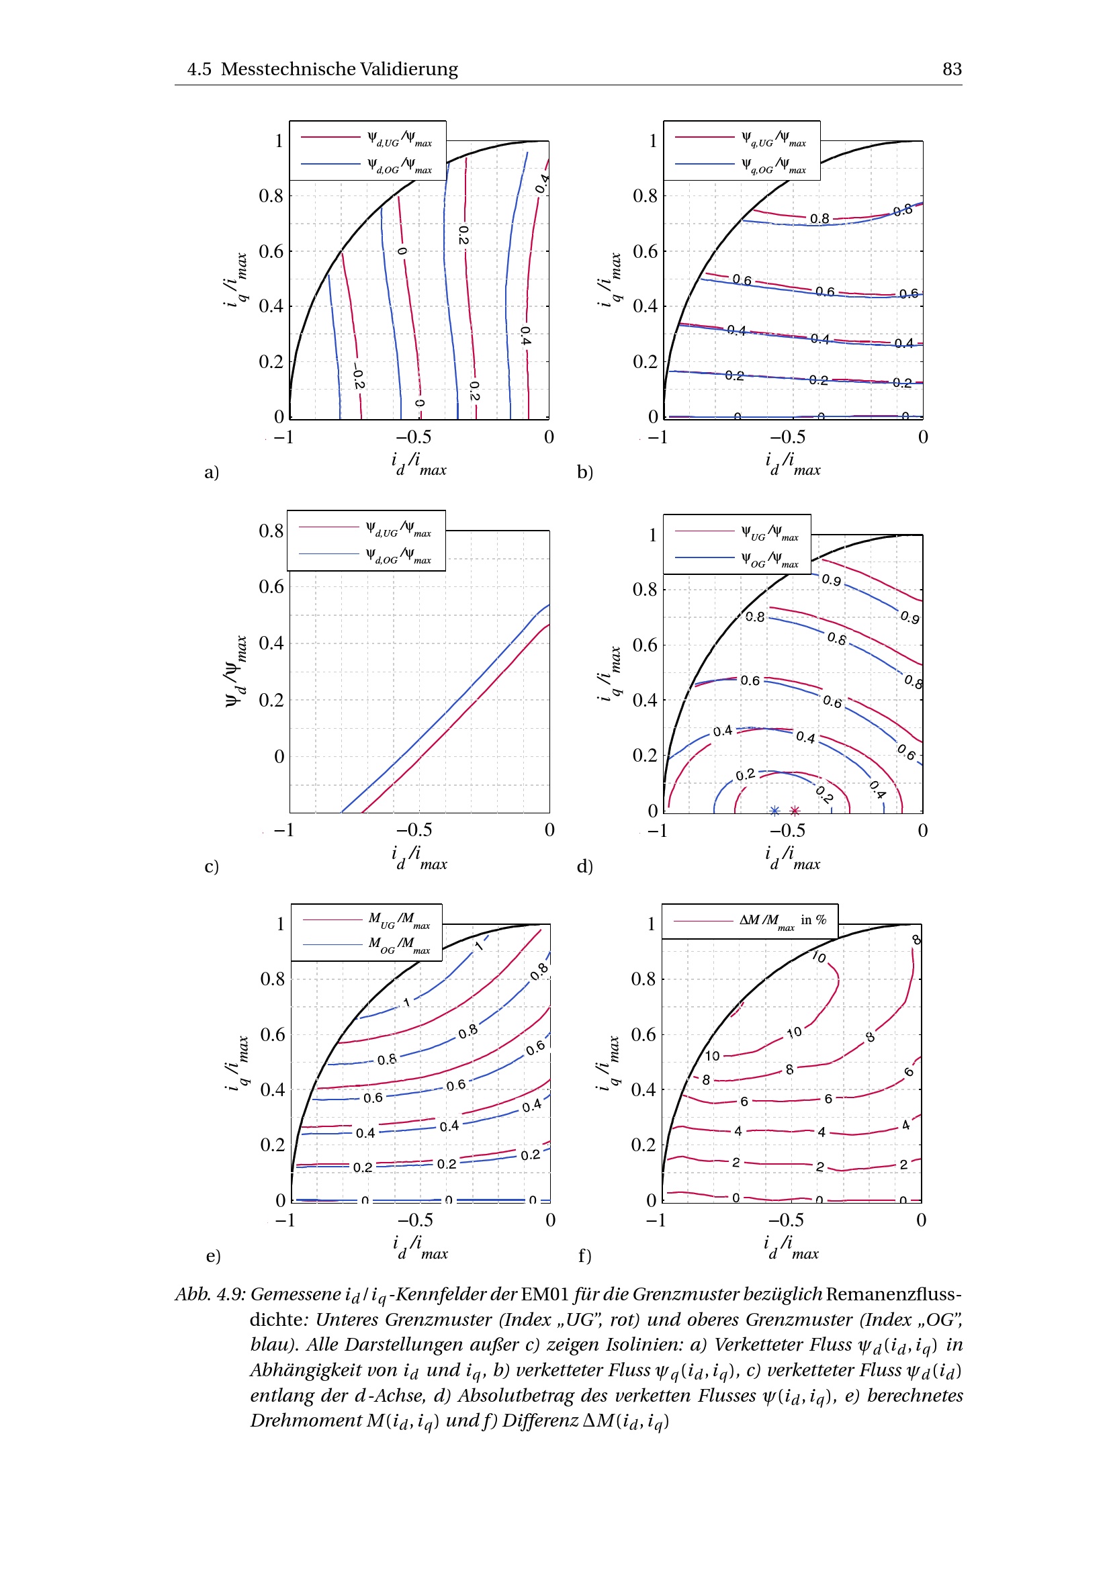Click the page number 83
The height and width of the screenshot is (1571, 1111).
click(x=952, y=69)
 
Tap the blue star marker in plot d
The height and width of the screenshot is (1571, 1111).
click(x=774, y=811)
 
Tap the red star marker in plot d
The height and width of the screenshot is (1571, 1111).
click(x=794, y=811)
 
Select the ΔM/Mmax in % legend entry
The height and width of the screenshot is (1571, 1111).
click(x=782, y=920)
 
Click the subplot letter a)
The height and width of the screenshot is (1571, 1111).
click(x=212, y=472)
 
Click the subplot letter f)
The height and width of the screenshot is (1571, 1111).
click(x=585, y=1255)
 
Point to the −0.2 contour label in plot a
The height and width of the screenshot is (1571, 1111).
click(x=358, y=377)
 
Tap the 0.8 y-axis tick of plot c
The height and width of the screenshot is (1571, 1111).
click(x=271, y=531)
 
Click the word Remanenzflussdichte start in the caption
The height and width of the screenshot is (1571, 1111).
click(x=893, y=1294)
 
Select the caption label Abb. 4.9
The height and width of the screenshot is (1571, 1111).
click(x=210, y=1294)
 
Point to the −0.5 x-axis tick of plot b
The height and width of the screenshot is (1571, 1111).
click(x=787, y=437)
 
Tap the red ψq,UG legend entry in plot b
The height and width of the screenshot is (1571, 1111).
click(x=773, y=139)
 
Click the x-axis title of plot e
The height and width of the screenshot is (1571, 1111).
click(x=419, y=1247)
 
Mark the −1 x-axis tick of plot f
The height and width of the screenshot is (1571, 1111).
click(x=656, y=1220)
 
